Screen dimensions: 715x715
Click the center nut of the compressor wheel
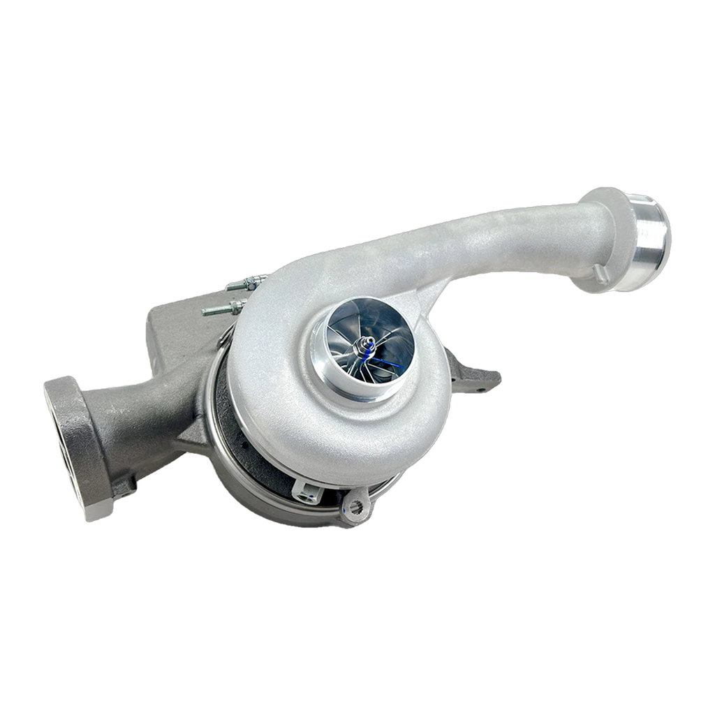[x=365, y=344]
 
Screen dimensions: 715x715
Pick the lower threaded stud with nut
[x=222, y=307]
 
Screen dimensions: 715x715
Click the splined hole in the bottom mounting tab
[x=356, y=508]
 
